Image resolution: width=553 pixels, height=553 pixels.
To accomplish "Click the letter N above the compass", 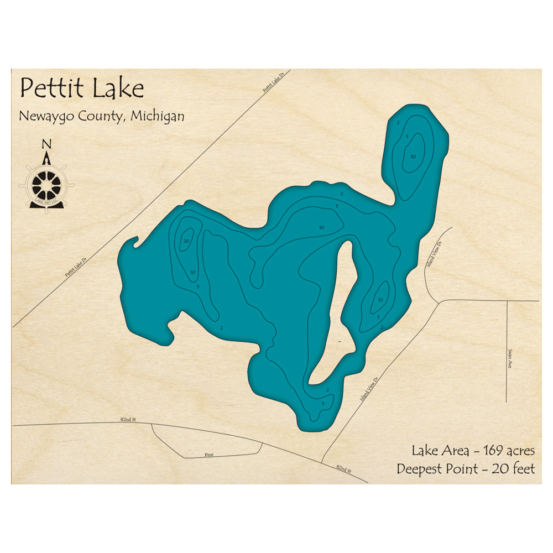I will click(x=47, y=144).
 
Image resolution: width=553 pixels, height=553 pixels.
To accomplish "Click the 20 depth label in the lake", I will click(x=186, y=241).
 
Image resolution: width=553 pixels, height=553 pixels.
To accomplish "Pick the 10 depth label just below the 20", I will click(x=193, y=272).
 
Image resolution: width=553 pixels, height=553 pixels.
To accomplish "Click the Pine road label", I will click(x=208, y=455).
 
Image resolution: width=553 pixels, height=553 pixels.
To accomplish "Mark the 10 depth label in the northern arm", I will click(x=413, y=156).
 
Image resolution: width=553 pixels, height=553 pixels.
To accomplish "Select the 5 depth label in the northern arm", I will click(x=407, y=137).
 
